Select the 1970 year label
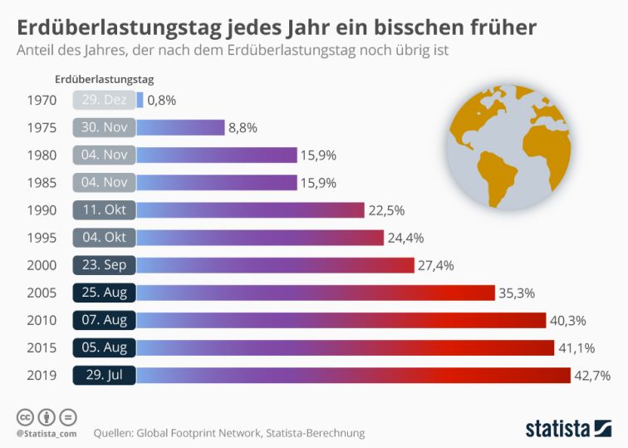pos(42,101)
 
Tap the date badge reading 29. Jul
pos(105,375)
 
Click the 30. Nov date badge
pos(105,128)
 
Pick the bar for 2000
pos(274,265)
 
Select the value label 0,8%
pos(162,101)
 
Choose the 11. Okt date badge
pos(105,210)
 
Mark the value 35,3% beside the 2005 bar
pos(516,293)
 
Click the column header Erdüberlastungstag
pos(104,80)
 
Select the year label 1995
pos(42,238)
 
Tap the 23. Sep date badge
pos(105,265)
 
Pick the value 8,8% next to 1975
pos(243,128)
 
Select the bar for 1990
pos(250,210)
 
